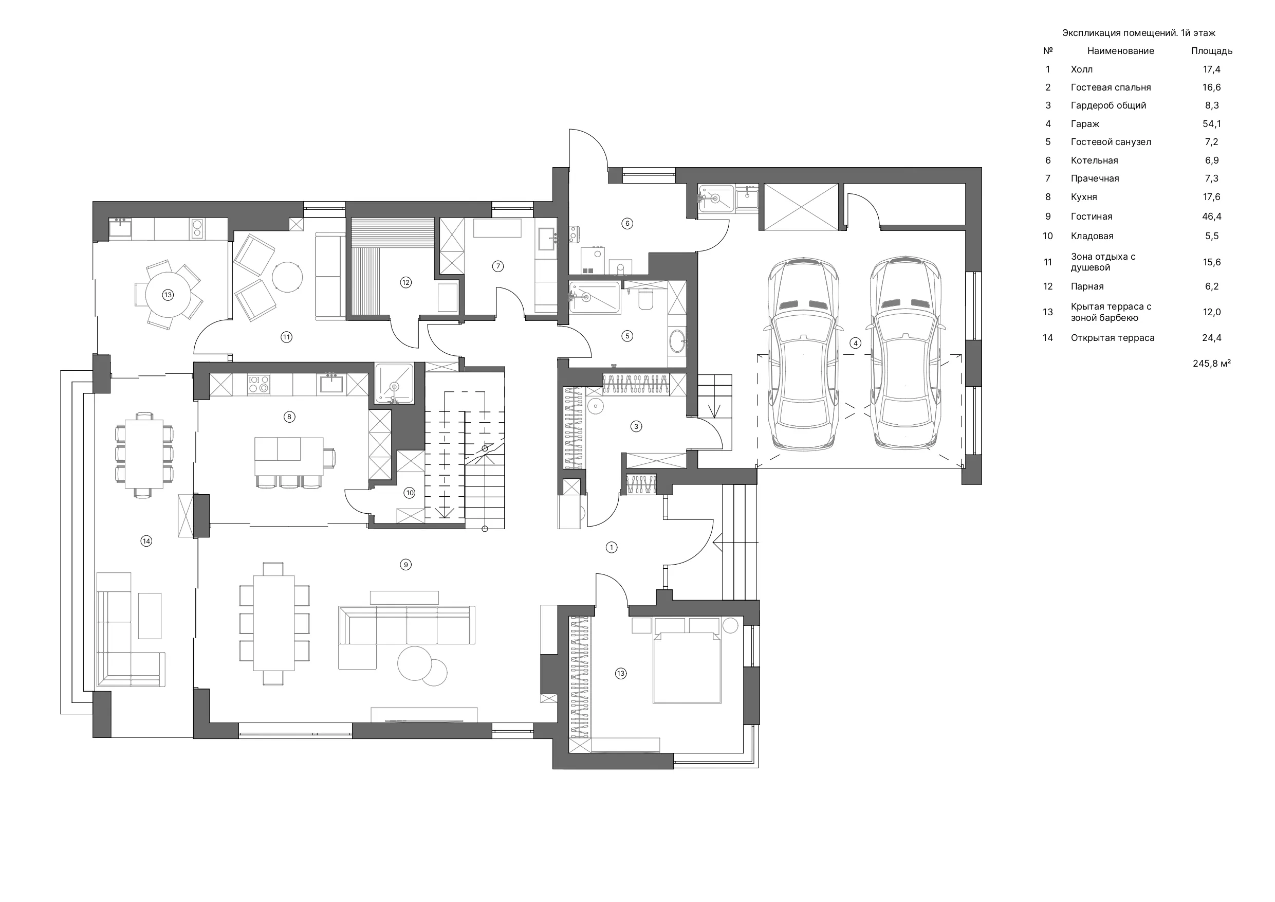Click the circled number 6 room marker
point(627,223)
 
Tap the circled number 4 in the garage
point(855,343)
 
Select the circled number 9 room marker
point(406,565)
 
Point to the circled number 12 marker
point(405,282)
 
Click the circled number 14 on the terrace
point(146,541)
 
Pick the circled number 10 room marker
point(409,493)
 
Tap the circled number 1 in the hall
point(612,548)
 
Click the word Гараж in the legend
point(1085,124)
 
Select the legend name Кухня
point(1083,197)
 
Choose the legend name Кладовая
point(1092,236)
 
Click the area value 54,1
point(1212,124)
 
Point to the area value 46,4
point(1212,216)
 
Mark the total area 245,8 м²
point(1212,364)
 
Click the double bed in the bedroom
point(688,668)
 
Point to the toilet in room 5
point(646,298)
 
